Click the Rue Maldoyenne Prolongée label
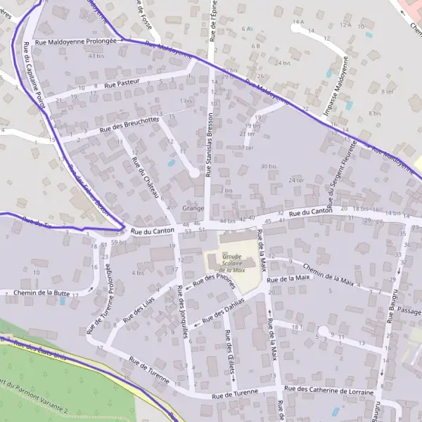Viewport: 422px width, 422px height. click(x=75, y=41)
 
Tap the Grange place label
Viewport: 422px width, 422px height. click(x=193, y=208)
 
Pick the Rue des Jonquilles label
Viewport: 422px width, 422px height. click(x=182, y=313)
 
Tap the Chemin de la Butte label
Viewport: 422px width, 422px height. click(x=41, y=293)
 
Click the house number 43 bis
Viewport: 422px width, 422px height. click(x=96, y=56)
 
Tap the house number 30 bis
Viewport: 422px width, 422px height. click(x=268, y=167)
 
